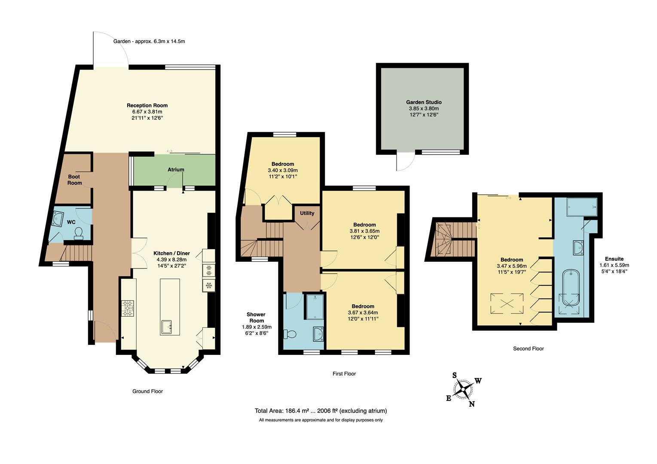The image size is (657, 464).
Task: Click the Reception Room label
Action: coord(147,105)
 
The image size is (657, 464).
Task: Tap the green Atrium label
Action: coord(176,170)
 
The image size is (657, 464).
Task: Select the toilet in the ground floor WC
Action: coord(79,232)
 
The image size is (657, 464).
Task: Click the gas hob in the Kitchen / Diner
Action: coord(128,308)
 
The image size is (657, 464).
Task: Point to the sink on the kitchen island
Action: coord(167,327)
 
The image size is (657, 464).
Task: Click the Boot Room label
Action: coord(74,180)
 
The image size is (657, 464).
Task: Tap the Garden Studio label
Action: coord(424,102)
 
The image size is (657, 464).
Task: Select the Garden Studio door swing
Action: coord(405,162)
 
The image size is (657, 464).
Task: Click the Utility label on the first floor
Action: coord(307,213)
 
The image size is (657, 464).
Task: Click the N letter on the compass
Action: coord(472,404)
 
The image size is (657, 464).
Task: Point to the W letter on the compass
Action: coord(478,381)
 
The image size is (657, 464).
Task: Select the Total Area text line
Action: coord(321,411)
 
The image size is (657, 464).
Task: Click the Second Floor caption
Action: coord(528,348)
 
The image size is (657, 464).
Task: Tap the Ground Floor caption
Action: coord(147,391)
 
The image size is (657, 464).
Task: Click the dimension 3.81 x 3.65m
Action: coord(364,231)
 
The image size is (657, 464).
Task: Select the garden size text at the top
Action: coord(149,41)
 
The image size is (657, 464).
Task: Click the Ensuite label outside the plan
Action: coord(614,259)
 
